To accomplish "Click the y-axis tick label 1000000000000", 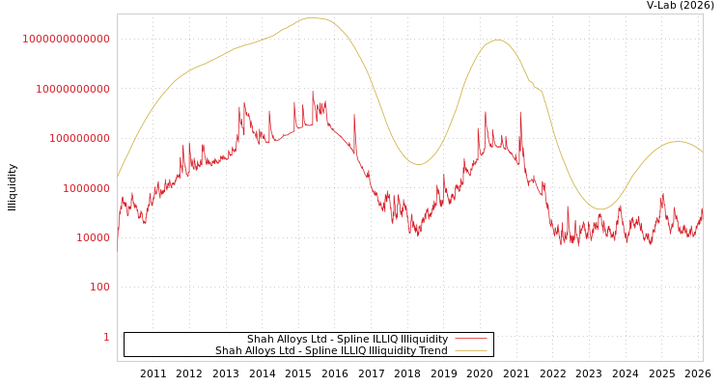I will coord(67,39).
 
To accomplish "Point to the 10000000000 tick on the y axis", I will coord(72,89).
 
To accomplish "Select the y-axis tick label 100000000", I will coord(79,139).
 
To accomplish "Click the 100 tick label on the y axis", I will coord(100,288).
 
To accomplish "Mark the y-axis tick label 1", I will coord(106,338).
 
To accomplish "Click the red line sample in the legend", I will coord(470,340).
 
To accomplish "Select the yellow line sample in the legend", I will coord(470,351).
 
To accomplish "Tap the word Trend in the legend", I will coord(432,351).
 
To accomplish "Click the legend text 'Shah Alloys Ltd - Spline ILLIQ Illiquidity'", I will coord(347,340).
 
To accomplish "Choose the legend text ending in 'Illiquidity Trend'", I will coord(331,351).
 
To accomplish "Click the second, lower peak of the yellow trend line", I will coord(497,40).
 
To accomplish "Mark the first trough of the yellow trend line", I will coord(418,164).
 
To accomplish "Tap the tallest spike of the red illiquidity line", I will coord(313,93).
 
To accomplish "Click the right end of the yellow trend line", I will coord(703,153).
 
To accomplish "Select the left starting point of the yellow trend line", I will coord(118,177).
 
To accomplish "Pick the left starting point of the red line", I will coord(118,241).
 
